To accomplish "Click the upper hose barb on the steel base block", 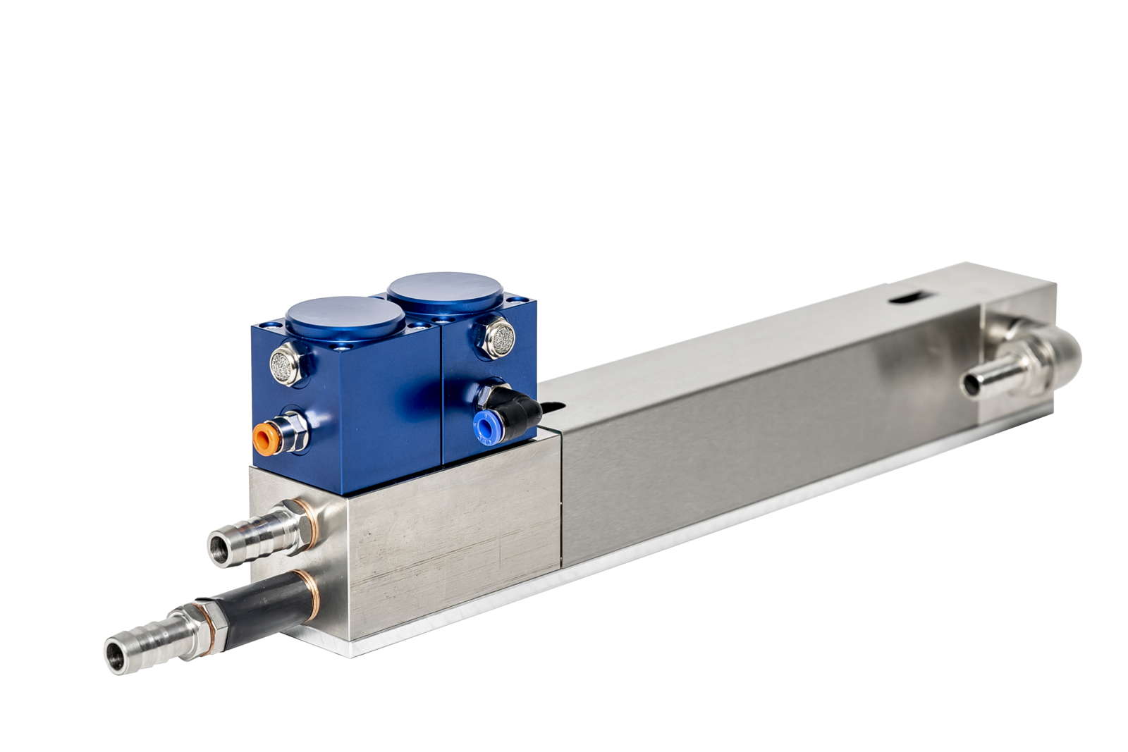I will [x=247, y=534].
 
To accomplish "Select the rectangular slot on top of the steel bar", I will [x=906, y=297].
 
